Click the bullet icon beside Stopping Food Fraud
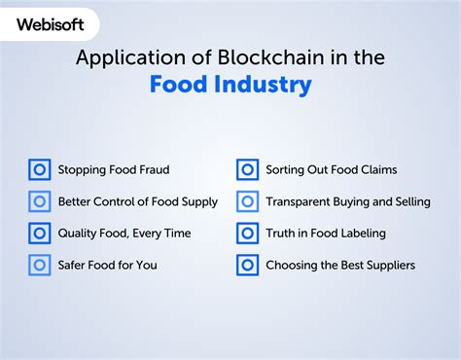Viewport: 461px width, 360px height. click(x=40, y=170)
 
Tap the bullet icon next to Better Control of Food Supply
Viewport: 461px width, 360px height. click(x=40, y=201)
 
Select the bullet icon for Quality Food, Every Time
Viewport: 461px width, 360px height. click(x=40, y=234)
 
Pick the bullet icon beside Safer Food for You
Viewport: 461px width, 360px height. click(x=40, y=265)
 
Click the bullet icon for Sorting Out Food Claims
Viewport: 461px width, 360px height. click(x=247, y=170)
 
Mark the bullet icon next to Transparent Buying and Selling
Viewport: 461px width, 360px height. click(x=247, y=201)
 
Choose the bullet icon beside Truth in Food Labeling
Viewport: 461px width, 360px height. click(x=247, y=234)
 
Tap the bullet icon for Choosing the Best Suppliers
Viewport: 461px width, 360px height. click(x=247, y=265)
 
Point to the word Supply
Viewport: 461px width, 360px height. click(x=198, y=202)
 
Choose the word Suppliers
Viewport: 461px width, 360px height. click(x=387, y=265)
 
